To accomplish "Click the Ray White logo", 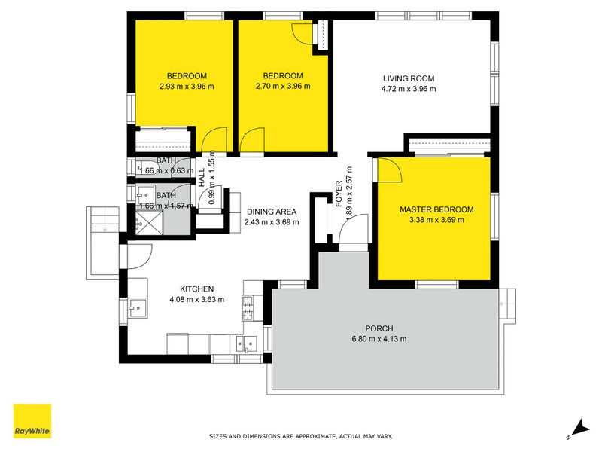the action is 32,421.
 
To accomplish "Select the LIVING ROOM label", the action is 409,78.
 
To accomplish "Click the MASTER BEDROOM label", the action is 436,209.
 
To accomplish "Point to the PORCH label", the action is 379,328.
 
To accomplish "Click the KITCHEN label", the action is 196,289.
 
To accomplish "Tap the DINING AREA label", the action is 272,212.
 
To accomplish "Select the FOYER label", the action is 339,194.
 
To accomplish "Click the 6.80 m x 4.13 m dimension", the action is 379,339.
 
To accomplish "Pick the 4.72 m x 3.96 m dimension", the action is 409,89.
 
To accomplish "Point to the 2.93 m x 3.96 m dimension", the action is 187,87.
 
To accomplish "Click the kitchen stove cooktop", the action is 248,308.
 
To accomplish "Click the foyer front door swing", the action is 354,229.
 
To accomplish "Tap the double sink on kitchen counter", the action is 246,344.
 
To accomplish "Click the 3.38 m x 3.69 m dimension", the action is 436,220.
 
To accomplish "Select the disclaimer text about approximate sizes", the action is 300,436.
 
